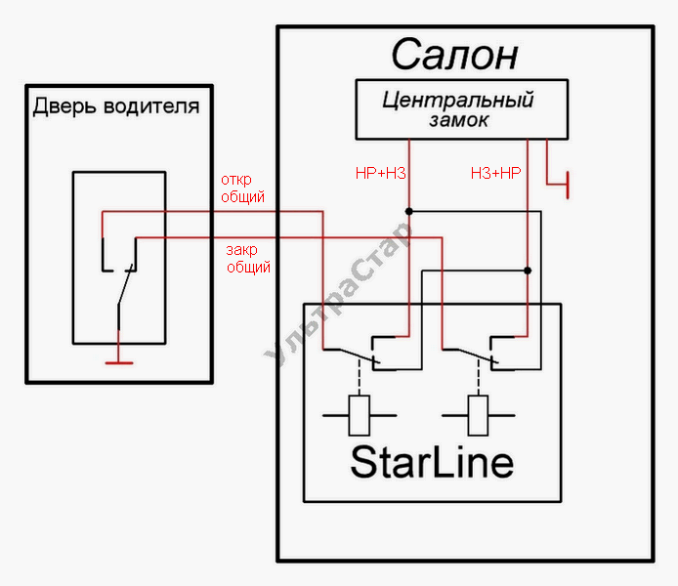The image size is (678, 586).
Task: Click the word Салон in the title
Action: point(454,56)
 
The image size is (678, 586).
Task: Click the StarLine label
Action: point(431,461)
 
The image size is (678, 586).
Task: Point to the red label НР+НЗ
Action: point(380,173)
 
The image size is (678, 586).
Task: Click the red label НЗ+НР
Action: point(495,173)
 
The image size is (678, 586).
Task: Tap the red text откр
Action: point(237,180)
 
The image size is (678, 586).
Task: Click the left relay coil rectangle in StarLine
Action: point(360,416)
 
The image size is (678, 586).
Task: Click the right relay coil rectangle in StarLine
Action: point(479,416)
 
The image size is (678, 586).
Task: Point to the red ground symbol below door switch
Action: point(119,360)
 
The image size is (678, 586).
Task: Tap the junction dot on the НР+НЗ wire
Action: point(409,211)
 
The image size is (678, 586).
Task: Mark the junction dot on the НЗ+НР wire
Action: point(528,271)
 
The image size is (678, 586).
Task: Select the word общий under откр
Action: point(242,196)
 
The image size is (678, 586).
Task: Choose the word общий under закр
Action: point(248,266)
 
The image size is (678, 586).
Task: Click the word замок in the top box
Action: point(458,121)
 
